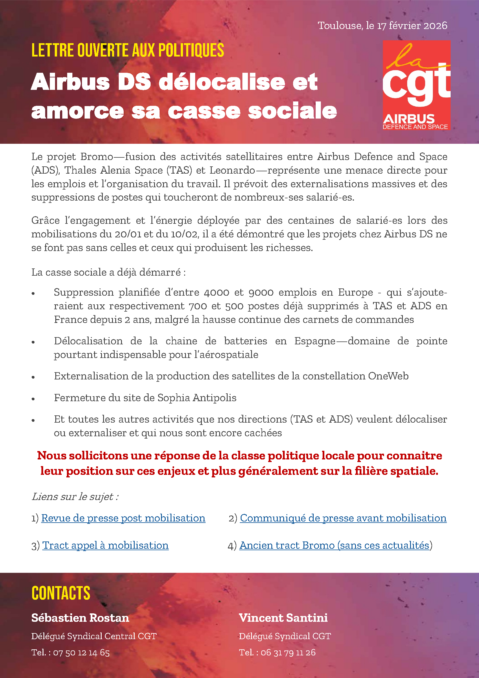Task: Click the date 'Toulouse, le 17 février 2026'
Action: [382, 26]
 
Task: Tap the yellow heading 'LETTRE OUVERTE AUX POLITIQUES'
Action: [128, 50]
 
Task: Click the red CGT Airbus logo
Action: [416, 85]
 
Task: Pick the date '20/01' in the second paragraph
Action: [127, 234]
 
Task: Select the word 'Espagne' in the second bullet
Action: [315, 341]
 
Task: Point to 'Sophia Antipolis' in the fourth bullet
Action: [197, 398]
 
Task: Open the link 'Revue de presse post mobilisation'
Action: [123, 518]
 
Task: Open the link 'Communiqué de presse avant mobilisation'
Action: [343, 518]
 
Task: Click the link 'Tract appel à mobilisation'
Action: [106, 545]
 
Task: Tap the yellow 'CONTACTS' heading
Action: [61, 593]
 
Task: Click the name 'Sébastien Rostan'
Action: [80, 618]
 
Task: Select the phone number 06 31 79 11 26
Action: [288, 652]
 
